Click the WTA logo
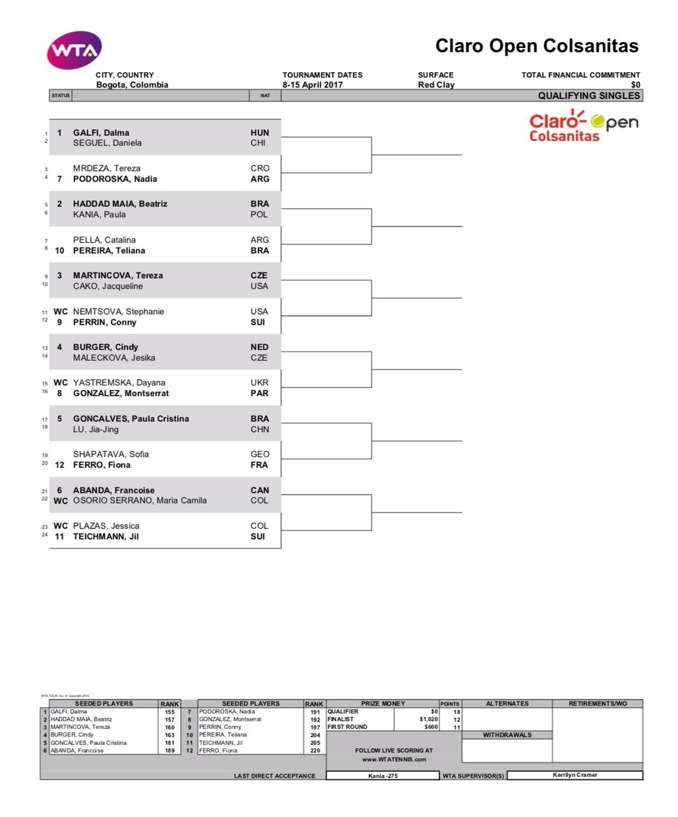(74, 50)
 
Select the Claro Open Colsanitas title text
(536, 46)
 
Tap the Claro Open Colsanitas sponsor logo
(583, 126)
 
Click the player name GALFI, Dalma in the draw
(101, 133)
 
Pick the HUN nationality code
(260, 133)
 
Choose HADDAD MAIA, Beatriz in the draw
(120, 204)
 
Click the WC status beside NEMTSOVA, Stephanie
(61, 311)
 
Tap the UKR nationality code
(260, 382)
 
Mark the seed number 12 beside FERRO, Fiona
(59, 465)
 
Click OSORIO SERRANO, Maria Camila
(140, 500)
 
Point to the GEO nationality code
(260, 454)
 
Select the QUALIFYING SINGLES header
(589, 96)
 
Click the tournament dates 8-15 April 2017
(313, 85)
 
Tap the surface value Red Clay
(436, 85)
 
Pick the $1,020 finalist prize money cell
(428, 719)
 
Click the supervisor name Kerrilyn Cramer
(575, 775)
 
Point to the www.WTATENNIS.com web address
(394, 760)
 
